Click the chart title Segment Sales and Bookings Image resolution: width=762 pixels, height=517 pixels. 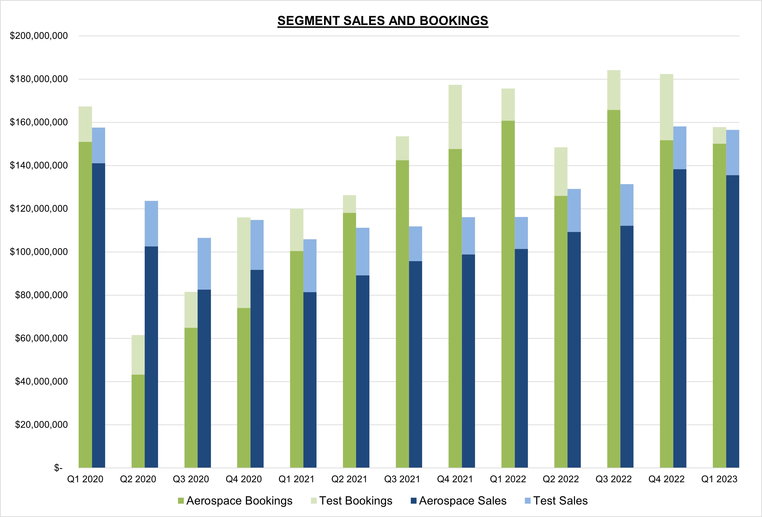(383, 21)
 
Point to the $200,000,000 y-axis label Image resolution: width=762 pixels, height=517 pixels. (39, 36)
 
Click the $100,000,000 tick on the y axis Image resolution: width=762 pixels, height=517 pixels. (39, 252)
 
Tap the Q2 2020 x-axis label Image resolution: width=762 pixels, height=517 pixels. (138, 479)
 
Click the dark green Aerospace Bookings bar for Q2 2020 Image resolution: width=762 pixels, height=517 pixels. (138, 421)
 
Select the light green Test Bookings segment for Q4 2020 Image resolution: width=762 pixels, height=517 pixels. (244, 262)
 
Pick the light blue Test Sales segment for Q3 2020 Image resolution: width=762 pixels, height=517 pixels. (204, 264)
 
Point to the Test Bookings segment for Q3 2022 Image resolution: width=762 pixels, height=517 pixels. (613, 90)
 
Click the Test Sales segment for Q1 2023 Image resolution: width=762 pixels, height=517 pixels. (733, 152)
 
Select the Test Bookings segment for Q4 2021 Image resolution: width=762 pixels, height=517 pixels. (455, 117)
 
